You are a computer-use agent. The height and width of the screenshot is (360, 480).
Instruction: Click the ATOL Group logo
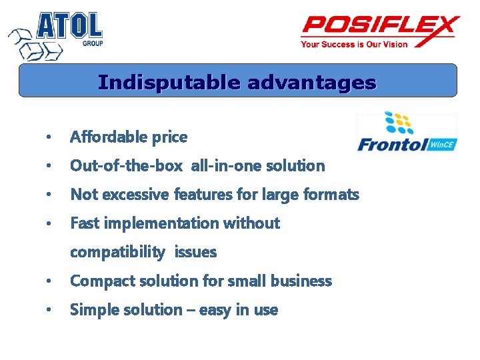click(x=56, y=34)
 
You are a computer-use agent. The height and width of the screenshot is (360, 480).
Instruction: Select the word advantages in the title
click(x=311, y=83)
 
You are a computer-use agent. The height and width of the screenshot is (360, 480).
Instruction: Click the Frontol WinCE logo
click(x=407, y=133)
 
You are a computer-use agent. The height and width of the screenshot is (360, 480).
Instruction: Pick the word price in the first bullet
click(x=169, y=137)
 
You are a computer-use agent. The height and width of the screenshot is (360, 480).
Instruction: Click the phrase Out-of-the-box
click(x=126, y=166)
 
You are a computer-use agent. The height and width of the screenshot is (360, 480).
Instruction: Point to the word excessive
click(x=137, y=195)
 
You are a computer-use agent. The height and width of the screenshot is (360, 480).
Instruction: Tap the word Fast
click(x=83, y=223)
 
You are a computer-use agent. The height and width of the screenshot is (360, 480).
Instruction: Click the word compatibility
click(x=117, y=252)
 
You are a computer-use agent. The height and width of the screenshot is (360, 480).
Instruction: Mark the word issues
click(x=195, y=252)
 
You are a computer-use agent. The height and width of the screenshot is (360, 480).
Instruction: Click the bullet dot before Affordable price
click(x=48, y=138)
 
